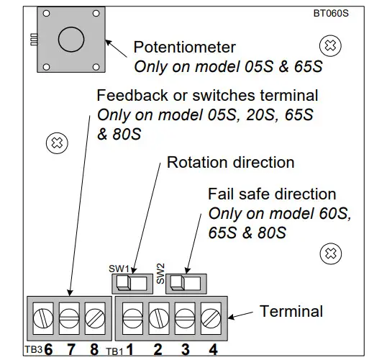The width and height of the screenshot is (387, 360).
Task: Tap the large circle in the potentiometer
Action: (70, 40)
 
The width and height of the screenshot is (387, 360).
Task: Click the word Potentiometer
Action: (185, 48)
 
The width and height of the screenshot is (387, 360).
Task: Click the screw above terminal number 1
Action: (133, 315)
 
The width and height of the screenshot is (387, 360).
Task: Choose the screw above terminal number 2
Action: (158, 315)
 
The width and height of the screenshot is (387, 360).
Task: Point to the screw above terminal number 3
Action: (184, 315)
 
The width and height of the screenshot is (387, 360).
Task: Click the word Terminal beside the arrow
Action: (291, 312)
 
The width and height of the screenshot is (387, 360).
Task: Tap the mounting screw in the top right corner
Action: (329, 45)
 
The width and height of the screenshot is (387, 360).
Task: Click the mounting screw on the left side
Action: (55, 143)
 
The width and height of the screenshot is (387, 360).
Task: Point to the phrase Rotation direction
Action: (230, 163)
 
